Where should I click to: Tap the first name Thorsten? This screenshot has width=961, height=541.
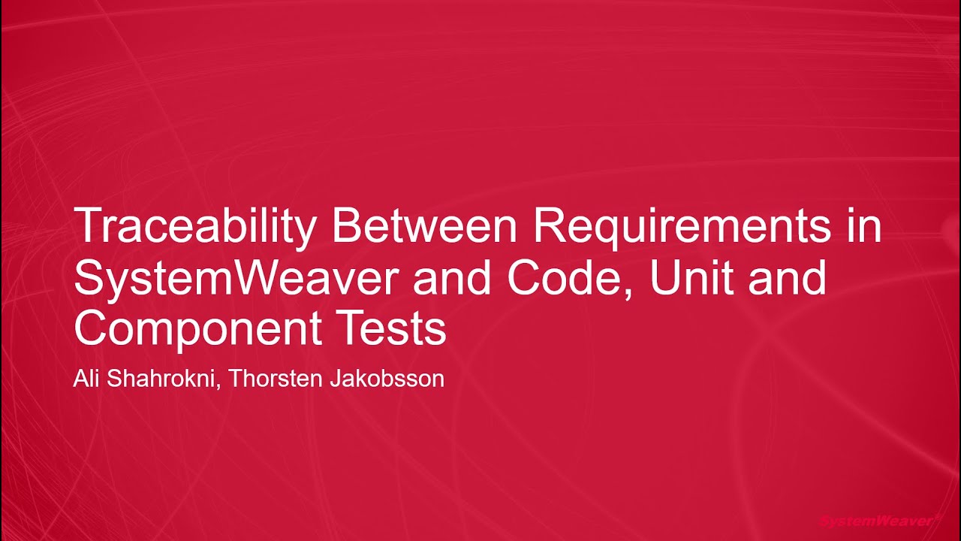(x=276, y=379)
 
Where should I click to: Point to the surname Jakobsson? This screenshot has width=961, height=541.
(x=387, y=379)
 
